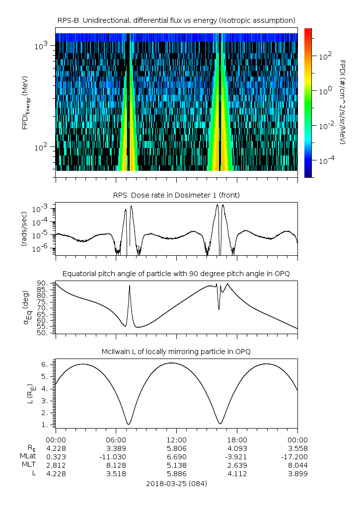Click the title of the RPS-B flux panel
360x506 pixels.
[176, 20]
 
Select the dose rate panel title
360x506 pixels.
[176, 195]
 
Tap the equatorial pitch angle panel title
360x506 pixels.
[176, 274]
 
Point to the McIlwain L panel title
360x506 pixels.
[176, 352]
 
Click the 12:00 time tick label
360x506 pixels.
[176, 439]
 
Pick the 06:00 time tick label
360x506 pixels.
[116, 439]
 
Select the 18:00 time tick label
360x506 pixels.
[237, 439]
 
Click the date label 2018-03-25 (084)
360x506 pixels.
[176, 483]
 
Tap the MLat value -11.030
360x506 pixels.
[116, 456]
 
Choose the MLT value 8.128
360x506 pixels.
[116, 465]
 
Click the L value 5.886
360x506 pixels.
[176, 474]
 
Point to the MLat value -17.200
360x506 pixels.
[297, 456]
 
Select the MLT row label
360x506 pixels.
[26, 465]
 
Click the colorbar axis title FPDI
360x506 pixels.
[343, 102]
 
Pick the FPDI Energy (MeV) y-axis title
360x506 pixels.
[25, 102]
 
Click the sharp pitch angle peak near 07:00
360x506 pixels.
[130, 286]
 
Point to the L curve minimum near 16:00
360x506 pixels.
[220, 424]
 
